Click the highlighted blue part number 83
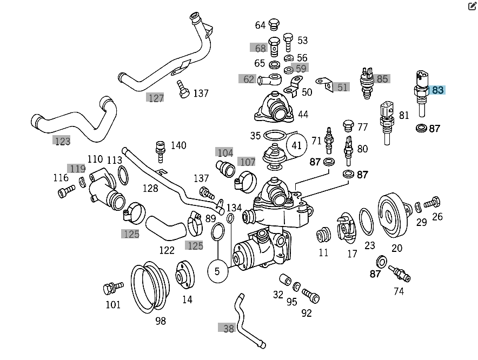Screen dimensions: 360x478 tap(437, 90)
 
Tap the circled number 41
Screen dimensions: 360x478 tap(296, 145)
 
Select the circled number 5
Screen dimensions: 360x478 tap(217, 271)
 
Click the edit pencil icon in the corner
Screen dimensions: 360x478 tap(472, 6)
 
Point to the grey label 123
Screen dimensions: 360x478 tap(62, 141)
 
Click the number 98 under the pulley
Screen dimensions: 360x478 tap(160, 321)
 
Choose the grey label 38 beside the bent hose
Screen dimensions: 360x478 tap(229, 328)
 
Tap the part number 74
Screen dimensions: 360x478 tap(399, 291)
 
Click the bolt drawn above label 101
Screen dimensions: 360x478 tap(112, 288)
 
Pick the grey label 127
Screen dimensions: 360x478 tap(155, 98)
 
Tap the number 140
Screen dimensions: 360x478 tap(178, 145)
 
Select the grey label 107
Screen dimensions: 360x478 tap(247, 162)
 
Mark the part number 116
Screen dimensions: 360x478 tap(61, 177)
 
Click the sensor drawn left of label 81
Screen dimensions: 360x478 tap(386, 120)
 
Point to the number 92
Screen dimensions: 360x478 tap(307, 313)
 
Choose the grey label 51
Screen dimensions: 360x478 tap(343, 87)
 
